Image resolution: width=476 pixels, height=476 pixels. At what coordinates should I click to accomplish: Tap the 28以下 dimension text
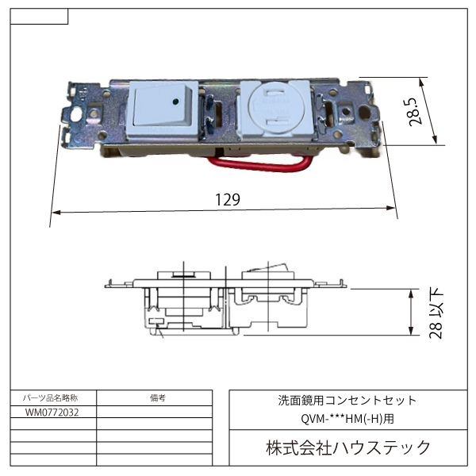coord(435,314)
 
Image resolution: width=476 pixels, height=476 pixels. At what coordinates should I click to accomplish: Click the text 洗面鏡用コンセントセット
coord(347,401)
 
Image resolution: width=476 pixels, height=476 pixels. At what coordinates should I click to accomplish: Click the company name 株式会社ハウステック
coord(347,449)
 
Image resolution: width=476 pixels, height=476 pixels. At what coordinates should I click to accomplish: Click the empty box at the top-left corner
coord(40,17)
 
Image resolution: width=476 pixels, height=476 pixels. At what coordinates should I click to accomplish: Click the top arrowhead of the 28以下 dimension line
coord(410,291)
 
